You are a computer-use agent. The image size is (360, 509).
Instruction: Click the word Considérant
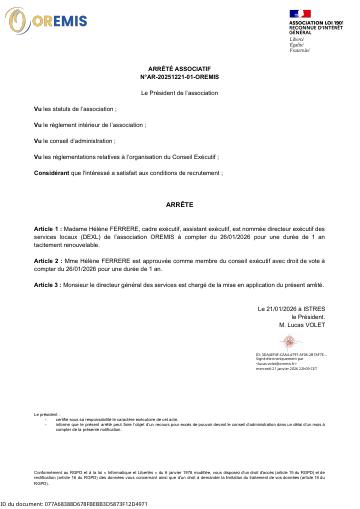tap(50, 173)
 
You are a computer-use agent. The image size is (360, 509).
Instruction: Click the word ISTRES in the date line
tap(317, 310)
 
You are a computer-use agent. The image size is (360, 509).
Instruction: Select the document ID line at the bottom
tap(74, 504)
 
